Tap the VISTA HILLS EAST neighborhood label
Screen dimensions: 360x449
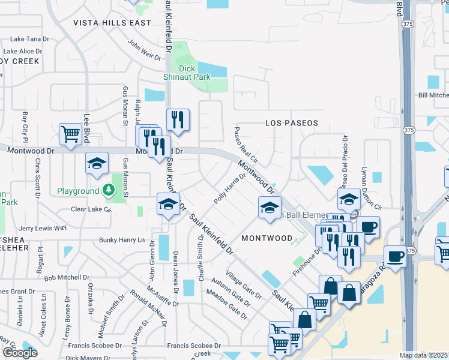(x=112, y=23)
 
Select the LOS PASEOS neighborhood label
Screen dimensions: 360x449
(x=292, y=122)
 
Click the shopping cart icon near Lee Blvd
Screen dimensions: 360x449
(x=71, y=134)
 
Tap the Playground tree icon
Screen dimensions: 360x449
(x=108, y=191)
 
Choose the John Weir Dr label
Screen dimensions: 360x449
(x=144, y=50)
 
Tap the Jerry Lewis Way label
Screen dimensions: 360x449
(x=42, y=229)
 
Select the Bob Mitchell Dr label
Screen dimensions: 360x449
(x=67, y=277)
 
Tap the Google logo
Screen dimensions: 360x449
(x=20, y=353)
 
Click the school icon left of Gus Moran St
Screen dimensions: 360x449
(x=96, y=163)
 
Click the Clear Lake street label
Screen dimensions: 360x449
(x=91, y=209)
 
